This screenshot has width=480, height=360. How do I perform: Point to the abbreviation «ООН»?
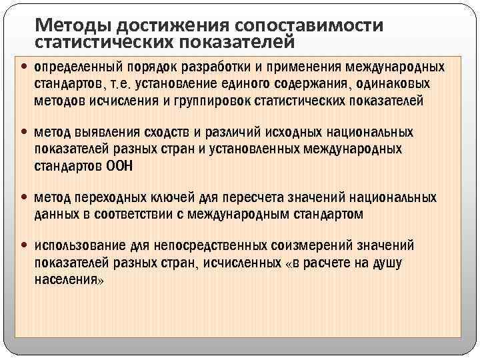119,166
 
